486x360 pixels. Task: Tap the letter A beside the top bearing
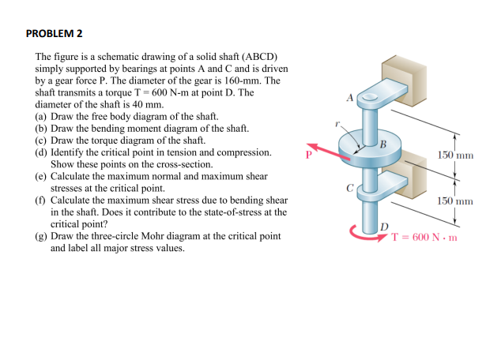click(x=348, y=98)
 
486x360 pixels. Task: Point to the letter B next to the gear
click(x=382, y=143)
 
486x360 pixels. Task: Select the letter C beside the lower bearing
click(x=348, y=189)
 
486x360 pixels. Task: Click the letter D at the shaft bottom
click(x=385, y=227)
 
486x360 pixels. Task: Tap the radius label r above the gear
click(x=337, y=124)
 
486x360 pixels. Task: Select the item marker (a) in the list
click(x=42, y=115)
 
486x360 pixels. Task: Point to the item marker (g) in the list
click(x=42, y=236)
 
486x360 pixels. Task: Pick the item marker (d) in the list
click(x=42, y=152)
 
